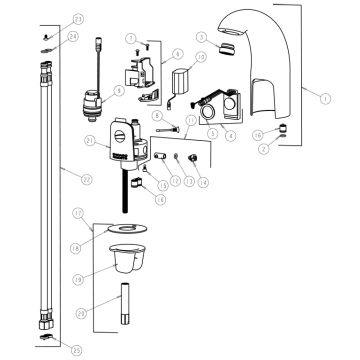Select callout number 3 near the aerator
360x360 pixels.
(x=201, y=37)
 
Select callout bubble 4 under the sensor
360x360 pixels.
(x=233, y=133)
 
